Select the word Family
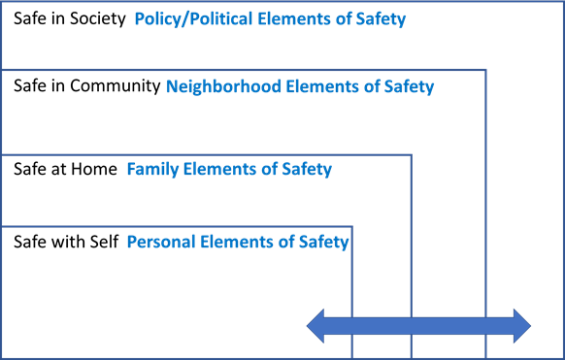[150, 170]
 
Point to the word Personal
[160, 242]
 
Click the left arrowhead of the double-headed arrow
[316, 326]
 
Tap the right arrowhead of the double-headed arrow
[521, 326]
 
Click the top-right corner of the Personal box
[351, 227]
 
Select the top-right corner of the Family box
[412, 154]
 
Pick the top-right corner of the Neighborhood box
[486, 70]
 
